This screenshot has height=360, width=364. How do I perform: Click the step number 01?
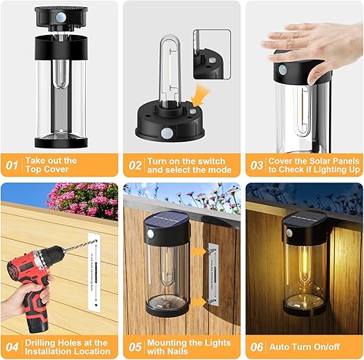12,164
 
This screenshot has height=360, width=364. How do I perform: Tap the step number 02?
135,164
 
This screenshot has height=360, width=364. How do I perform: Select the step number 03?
256,164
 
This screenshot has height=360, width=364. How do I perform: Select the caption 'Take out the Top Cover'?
53,164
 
